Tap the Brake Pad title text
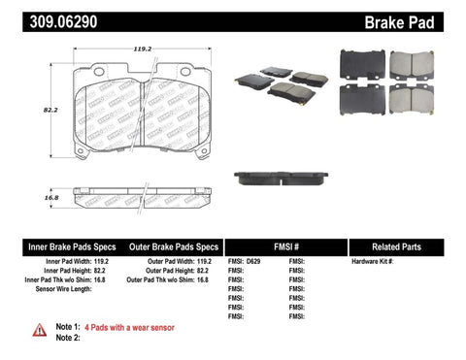[x=422, y=18]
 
